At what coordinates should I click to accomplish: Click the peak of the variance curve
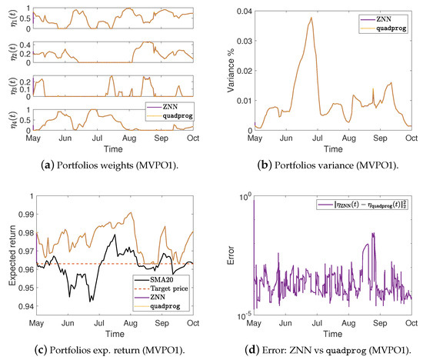[311, 18]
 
